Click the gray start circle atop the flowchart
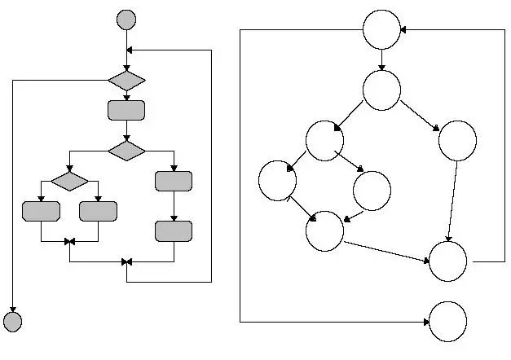coord(126,19)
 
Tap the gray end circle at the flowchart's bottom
coord(13,321)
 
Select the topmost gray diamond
coord(126,81)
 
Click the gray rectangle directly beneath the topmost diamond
coord(126,110)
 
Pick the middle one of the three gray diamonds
coord(126,151)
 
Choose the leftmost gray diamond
coord(69,180)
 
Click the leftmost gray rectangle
coord(41,211)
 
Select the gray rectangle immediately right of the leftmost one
coord(98,211)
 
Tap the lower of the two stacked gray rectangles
coord(174,231)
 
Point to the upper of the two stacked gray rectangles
coord(174,181)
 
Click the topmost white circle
coord(381,30)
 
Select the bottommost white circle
coord(447,321)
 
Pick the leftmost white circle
coord(277,181)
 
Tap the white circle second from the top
coord(381,90)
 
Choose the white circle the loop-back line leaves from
coord(447,261)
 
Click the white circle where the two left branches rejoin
coord(324,231)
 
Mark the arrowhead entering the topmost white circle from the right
coord(404,30)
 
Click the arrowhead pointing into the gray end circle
coord(13,307)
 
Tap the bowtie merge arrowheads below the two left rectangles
coord(69,241)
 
